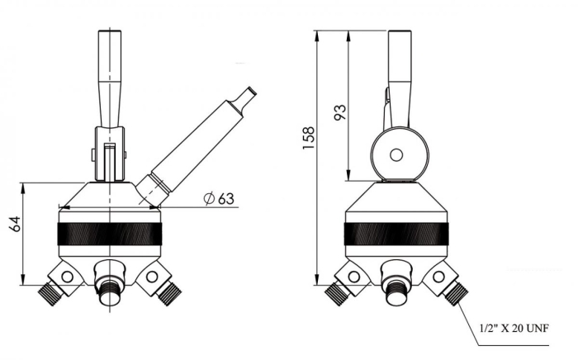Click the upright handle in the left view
click(110, 78)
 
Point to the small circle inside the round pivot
click(396, 154)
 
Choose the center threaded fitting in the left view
click(107, 289)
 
